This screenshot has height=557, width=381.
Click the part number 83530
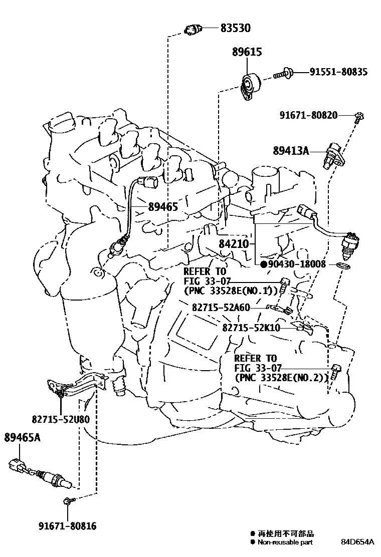pyautogui.click(x=235, y=29)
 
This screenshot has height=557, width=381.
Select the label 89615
pyautogui.click(x=247, y=52)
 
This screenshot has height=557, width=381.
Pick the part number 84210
pyautogui.click(x=234, y=244)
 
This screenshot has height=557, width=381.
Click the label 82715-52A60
pyautogui.click(x=221, y=308)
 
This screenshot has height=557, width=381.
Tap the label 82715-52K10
pyautogui.click(x=251, y=328)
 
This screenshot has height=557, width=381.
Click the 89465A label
pyautogui.click(x=22, y=438)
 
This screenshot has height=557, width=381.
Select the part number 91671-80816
pyautogui.click(x=67, y=526)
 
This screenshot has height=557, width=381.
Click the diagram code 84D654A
pyautogui.click(x=357, y=542)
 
